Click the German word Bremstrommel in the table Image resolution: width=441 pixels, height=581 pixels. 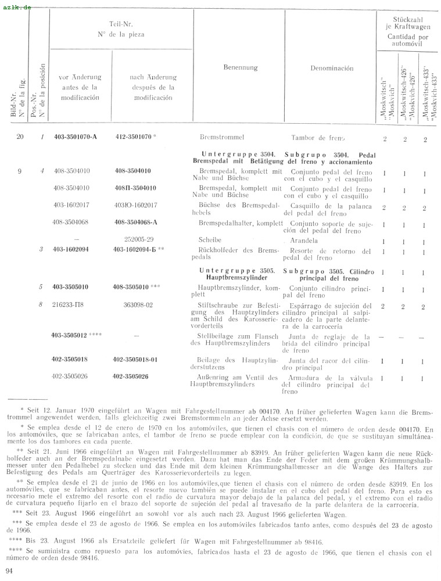pyautogui.click(x=221, y=138)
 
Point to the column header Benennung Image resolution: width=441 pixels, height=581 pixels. pyautogui.click(x=240, y=67)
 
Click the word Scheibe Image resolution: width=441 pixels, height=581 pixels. pyautogui.click(x=210, y=239)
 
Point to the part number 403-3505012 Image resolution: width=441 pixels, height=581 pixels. pyautogui.click(x=74, y=335)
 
